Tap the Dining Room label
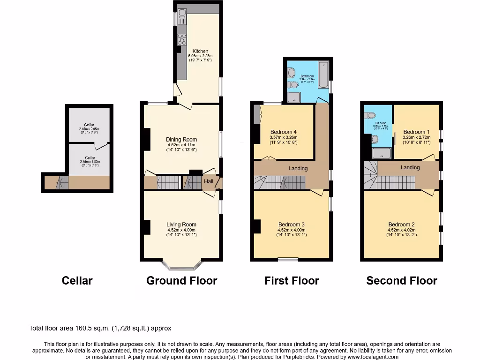pyautogui.click(x=181, y=139)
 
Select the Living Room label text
pyautogui.click(x=181, y=225)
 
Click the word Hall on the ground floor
pyautogui.click(x=208, y=181)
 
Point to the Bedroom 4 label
pyautogui.click(x=284, y=132)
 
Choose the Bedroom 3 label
pyautogui.click(x=291, y=225)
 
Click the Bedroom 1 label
pyautogui.click(x=416, y=132)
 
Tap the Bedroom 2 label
pyautogui.click(x=401, y=225)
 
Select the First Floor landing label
pyautogui.click(x=298, y=168)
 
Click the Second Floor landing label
pyautogui.click(x=410, y=167)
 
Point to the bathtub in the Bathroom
pyautogui.click(x=323, y=75)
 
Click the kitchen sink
pyautogui.click(x=181, y=18)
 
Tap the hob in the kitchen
pyautogui.click(x=181, y=40)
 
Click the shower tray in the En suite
pyautogui.click(x=381, y=152)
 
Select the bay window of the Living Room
pyautogui.click(x=182, y=266)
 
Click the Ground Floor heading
pyautogui.click(x=181, y=281)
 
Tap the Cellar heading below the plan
pyautogui.click(x=77, y=281)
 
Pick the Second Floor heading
pyautogui.click(x=402, y=281)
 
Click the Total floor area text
pyautogui.click(x=104, y=329)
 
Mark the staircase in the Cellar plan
pyautogui.click(x=61, y=183)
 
